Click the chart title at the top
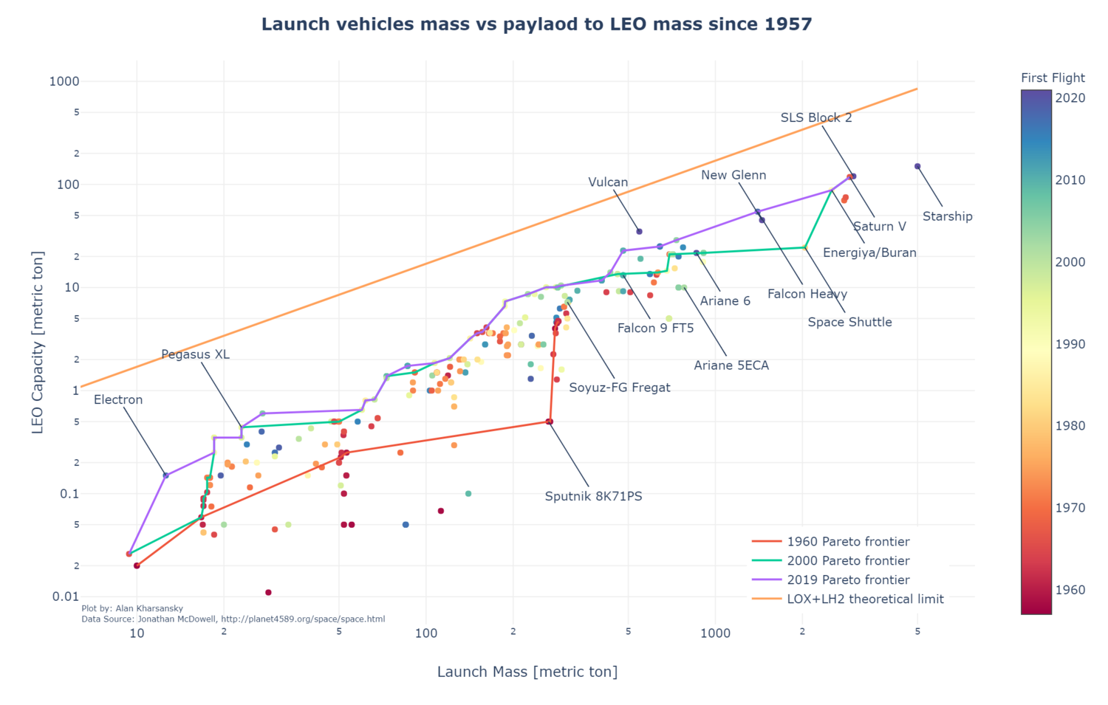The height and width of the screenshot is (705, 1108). [x=536, y=24]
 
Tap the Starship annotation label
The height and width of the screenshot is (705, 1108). [x=947, y=216]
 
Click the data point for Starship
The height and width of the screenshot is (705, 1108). [x=917, y=166]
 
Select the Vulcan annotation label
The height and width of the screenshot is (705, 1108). [x=608, y=182]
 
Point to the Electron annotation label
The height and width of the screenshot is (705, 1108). [x=118, y=400]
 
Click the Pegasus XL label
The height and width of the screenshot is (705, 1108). [x=195, y=354]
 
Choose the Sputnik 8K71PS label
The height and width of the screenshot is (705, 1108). [x=593, y=497]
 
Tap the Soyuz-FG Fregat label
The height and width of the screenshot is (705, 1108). [x=619, y=388]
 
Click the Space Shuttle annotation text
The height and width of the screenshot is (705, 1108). [x=849, y=322]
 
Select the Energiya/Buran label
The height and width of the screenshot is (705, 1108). [x=869, y=252]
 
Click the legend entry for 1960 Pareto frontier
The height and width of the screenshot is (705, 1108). [x=848, y=542]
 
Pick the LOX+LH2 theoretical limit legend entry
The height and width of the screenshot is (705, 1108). [x=865, y=599]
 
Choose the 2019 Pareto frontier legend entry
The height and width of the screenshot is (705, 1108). [x=848, y=580]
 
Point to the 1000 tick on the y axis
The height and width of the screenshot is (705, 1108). [x=64, y=81]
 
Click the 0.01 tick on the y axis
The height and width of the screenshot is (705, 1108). [x=66, y=596]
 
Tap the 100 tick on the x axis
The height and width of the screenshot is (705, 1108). [x=426, y=633]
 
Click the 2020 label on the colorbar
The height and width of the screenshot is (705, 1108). [x=1071, y=98]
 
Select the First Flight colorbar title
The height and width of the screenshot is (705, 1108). [x=1053, y=78]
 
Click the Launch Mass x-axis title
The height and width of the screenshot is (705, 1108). [x=527, y=672]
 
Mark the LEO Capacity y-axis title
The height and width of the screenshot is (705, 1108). [x=38, y=343]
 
